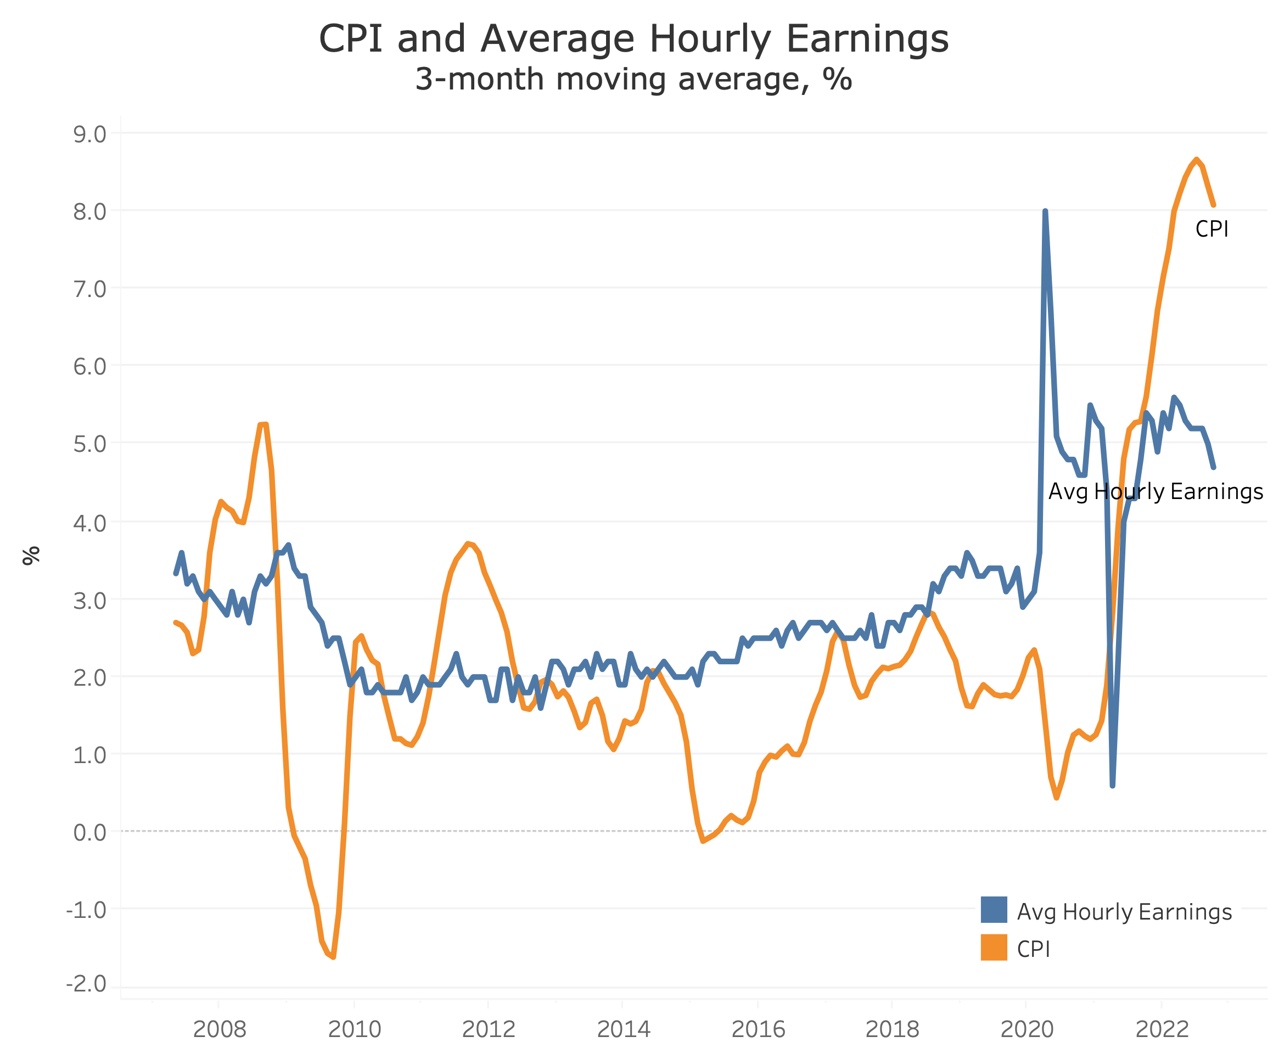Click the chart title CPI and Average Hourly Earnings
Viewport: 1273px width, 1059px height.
point(633,39)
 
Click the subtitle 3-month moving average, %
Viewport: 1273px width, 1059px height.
point(633,80)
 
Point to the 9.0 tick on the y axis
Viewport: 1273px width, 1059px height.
point(89,134)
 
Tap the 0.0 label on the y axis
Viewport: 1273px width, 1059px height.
point(89,832)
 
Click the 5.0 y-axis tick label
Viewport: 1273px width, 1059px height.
point(89,444)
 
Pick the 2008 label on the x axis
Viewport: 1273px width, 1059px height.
point(220,1029)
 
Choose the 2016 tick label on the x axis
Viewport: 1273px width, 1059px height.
point(758,1029)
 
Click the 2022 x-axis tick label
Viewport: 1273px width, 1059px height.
point(1162,1029)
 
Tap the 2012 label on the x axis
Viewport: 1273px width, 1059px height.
point(489,1029)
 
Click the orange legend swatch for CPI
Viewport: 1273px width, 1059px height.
point(994,947)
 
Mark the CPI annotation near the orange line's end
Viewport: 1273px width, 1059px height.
point(1211,229)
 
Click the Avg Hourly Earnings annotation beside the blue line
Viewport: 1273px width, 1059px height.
point(1156,491)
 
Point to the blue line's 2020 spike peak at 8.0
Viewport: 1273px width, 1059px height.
point(1045,211)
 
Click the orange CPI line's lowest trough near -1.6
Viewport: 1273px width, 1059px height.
point(333,956)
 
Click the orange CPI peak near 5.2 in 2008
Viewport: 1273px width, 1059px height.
point(263,425)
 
